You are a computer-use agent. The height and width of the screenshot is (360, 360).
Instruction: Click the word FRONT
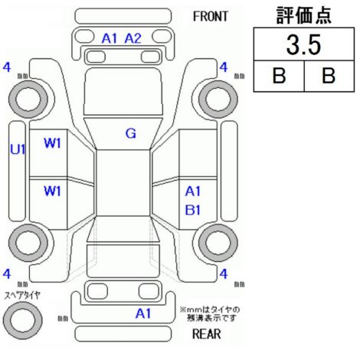(x=210, y=17)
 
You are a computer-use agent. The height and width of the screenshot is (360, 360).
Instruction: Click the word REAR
(x=207, y=333)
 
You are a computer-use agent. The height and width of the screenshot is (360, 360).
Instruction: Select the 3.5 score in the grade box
(x=303, y=45)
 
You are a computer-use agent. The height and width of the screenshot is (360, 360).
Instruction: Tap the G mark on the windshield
(x=131, y=133)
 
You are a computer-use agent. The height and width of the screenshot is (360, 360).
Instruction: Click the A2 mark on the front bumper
(x=133, y=38)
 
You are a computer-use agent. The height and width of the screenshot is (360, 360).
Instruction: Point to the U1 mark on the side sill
(x=18, y=149)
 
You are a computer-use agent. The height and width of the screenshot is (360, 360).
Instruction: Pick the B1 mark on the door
(x=193, y=210)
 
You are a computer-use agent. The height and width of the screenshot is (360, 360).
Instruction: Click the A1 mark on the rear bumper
(x=143, y=313)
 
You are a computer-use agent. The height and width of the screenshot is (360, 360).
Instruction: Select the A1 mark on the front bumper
(x=110, y=38)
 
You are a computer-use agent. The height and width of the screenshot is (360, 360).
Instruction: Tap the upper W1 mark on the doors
(x=52, y=143)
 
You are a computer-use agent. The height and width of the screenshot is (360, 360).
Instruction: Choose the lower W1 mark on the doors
(x=52, y=191)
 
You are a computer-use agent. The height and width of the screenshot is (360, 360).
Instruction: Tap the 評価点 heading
(x=303, y=15)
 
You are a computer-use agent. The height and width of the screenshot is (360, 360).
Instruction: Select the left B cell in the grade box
(x=279, y=76)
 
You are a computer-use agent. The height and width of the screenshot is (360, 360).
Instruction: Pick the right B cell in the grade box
(x=329, y=76)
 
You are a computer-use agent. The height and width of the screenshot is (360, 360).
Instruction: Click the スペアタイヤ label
(x=22, y=296)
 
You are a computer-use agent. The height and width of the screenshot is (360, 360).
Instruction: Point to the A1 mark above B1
(x=193, y=191)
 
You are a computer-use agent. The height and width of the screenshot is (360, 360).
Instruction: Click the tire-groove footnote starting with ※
(x=210, y=314)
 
